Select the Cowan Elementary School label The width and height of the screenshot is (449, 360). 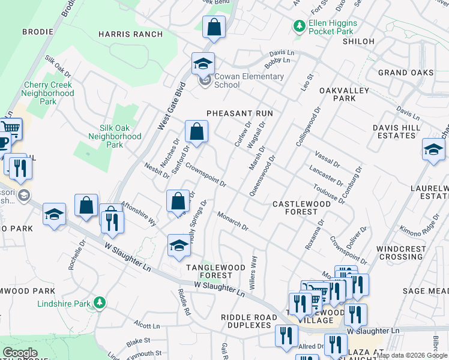[x=249, y=80]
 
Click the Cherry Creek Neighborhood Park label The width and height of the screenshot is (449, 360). [x=49, y=93]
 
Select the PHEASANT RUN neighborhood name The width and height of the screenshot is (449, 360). [x=240, y=113]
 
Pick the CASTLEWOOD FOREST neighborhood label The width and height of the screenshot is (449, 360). [x=301, y=208]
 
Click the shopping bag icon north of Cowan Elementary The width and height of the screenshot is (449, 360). [x=213, y=27]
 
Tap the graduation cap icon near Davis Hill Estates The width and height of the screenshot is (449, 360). [x=433, y=149]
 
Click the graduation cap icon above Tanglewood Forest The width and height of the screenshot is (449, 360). [x=178, y=245]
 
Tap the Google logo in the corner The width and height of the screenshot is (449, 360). [x=20, y=353]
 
